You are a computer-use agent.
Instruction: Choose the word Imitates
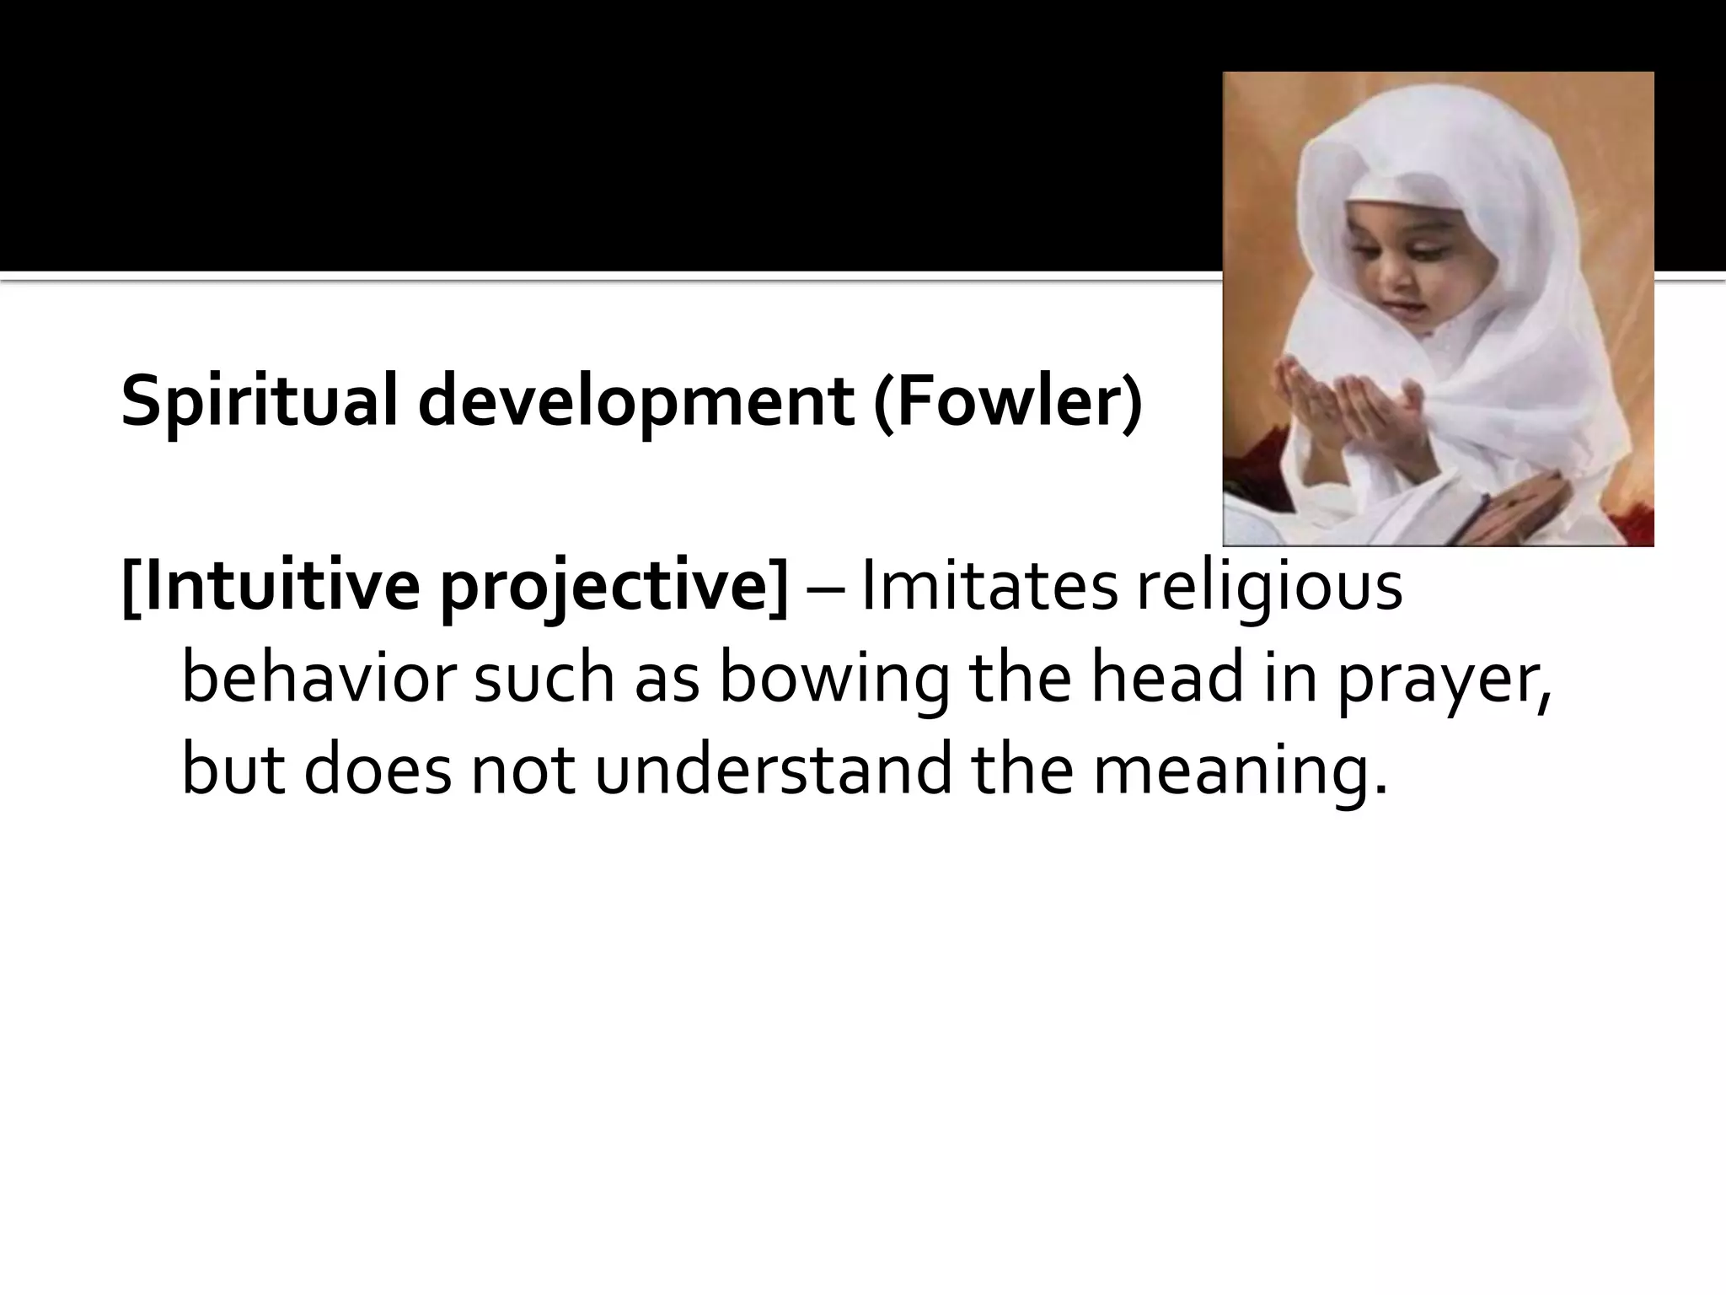[989, 587]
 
